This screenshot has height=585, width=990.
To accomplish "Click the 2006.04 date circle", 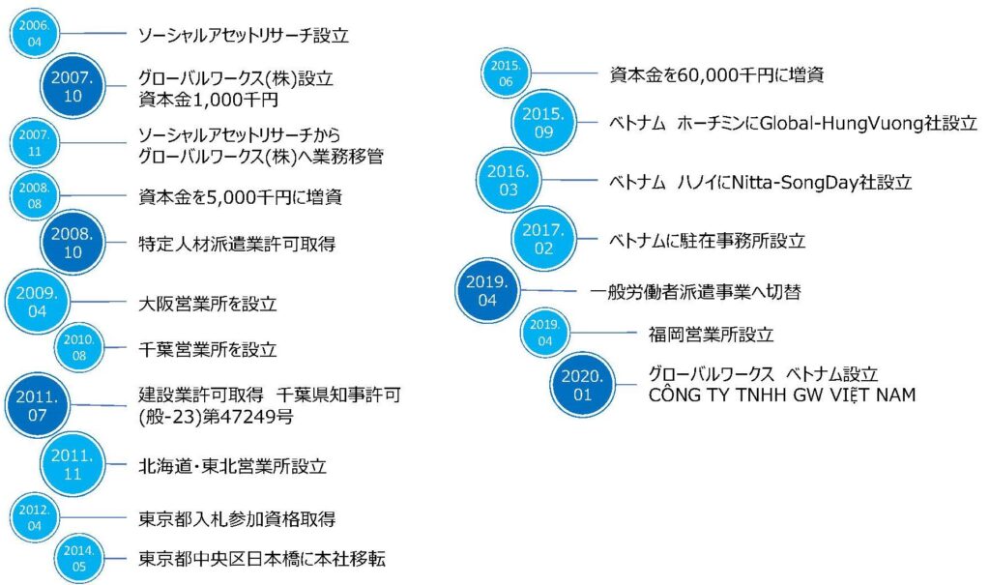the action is tap(34, 34).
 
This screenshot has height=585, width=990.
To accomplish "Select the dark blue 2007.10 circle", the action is tap(73, 87).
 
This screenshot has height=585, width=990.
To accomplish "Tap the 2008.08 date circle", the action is tap(34, 196).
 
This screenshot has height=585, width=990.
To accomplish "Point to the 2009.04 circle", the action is tap(38, 302).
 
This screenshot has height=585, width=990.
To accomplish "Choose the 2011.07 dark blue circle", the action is tap(38, 405).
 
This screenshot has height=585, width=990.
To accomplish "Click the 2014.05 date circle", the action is tap(79, 559).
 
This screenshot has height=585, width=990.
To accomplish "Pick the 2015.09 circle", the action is tap(543, 123).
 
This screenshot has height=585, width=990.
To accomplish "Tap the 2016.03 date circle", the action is tap(509, 180).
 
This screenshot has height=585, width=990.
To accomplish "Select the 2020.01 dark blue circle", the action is tap(582, 386).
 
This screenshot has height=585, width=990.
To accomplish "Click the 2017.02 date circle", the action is tap(543, 239).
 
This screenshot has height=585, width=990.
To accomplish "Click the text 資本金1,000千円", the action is tap(209, 100).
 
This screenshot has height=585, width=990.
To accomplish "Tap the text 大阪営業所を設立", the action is tap(208, 304).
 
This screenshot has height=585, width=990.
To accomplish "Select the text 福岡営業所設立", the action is tap(711, 335).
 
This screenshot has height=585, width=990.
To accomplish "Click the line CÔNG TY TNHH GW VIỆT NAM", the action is tap(781, 395).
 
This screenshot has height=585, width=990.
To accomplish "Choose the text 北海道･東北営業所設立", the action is tap(232, 466).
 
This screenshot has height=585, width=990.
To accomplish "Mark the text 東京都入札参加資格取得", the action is tap(237, 518).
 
